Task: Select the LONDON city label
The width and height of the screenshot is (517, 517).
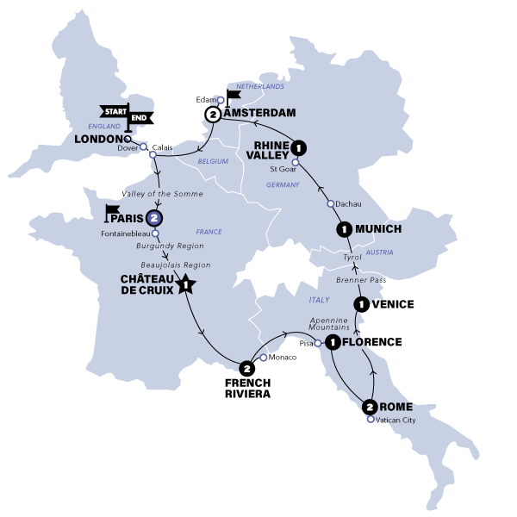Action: tap(97, 139)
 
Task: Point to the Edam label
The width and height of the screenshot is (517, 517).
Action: tap(205, 100)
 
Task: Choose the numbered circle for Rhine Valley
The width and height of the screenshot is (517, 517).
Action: tap(299, 146)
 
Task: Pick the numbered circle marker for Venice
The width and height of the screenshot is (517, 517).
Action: tap(362, 303)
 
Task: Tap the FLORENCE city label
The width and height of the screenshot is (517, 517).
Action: tap(373, 342)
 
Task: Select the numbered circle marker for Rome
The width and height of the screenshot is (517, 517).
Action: tap(370, 407)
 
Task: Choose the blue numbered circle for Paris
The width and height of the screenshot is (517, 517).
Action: tap(154, 218)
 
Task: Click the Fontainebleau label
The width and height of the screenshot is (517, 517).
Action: tap(123, 233)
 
